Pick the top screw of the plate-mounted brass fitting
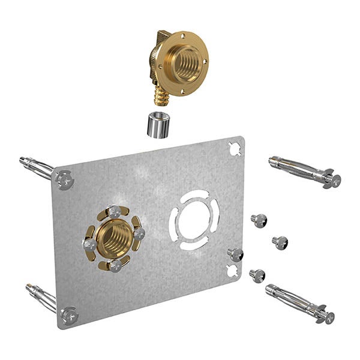click(114, 211)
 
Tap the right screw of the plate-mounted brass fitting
click(139, 233)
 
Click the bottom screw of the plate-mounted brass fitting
click(115, 265)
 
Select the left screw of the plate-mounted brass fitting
click(89, 244)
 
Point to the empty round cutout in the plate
click(194, 220)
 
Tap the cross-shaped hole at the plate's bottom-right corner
click(233, 271)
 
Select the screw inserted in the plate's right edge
click(235, 254)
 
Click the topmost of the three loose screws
click(259, 220)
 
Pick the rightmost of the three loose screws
click(280, 242)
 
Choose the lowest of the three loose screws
click(257, 275)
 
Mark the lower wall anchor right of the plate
click(300, 303)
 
